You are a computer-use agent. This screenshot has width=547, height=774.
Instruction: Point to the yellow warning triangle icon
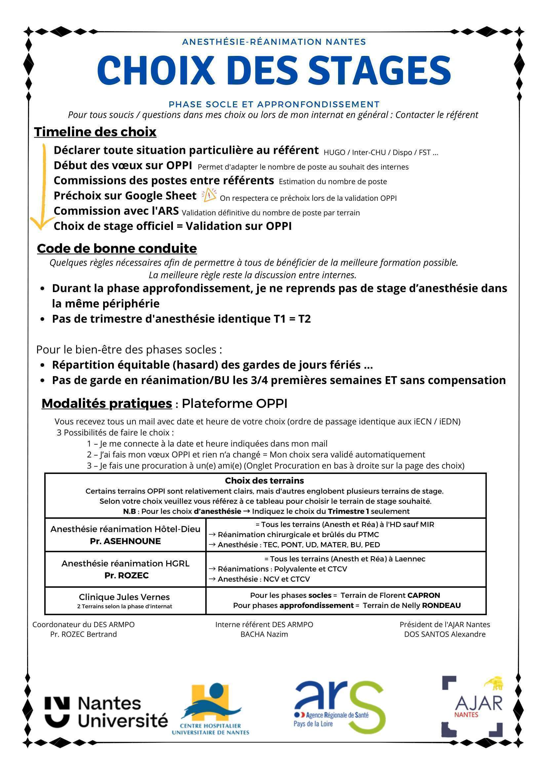tap(209, 195)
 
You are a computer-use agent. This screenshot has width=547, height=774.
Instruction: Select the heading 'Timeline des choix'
tap(95, 132)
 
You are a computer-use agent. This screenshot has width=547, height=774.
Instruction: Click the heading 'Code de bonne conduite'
tap(117, 248)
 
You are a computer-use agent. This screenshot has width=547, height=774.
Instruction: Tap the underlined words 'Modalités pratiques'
tap(106, 403)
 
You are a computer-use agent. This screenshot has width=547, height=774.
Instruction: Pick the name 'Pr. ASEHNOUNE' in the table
tap(125, 541)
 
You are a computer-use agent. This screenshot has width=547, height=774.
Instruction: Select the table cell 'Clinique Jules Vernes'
tap(124, 597)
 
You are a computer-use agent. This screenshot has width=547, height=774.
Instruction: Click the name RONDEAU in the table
tap(441, 605)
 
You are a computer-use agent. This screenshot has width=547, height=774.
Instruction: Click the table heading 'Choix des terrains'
tap(264, 480)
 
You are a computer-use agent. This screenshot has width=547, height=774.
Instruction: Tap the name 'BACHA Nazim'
tap(264, 634)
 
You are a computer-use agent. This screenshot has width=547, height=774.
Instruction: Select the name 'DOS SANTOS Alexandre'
tap(445, 634)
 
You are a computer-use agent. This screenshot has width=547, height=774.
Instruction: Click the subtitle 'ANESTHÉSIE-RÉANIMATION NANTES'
tap(274, 42)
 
